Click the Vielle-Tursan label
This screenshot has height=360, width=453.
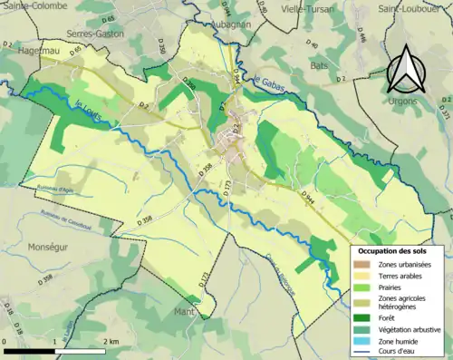pyautogui.click(x=307, y=8)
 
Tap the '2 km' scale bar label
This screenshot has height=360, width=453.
pyautogui.click(x=112, y=341)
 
